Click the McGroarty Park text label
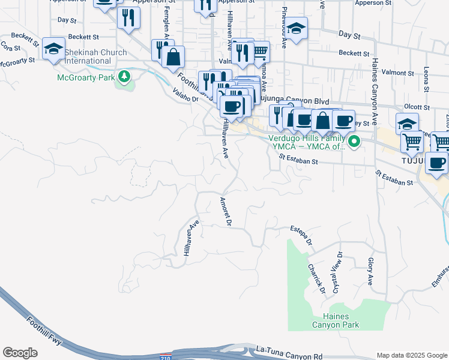(x=86, y=77)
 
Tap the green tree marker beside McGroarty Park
(x=124, y=76)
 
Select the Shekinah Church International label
(x=96, y=56)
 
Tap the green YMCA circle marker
(x=354, y=142)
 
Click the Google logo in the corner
(x=20, y=353)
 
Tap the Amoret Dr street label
(x=226, y=212)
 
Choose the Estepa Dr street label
(x=302, y=235)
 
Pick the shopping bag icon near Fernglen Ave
(x=173, y=58)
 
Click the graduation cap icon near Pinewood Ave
(x=296, y=28)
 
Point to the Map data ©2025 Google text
(x=411, y=355)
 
